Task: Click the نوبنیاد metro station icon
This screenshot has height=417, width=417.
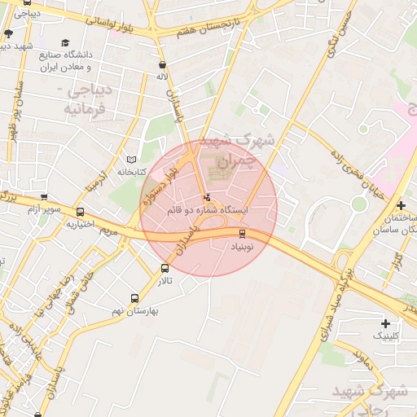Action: tap(241, 234)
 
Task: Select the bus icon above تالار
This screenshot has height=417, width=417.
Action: tap(165, 268)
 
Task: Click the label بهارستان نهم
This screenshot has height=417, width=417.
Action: tap(135, 310)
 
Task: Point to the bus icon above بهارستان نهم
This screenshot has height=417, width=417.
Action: tap(135, 298)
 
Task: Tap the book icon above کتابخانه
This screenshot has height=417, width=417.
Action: tap(132, 160)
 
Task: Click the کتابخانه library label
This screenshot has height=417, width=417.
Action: tap(132, 172)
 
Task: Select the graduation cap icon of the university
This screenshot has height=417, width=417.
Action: tap(65, 43)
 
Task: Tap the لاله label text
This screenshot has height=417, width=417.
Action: tap(163, 76)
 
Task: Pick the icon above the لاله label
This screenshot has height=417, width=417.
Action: tap(163, 64)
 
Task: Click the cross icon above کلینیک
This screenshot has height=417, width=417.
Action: tap(385, 323)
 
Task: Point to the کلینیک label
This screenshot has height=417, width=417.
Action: tap(385, 336)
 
